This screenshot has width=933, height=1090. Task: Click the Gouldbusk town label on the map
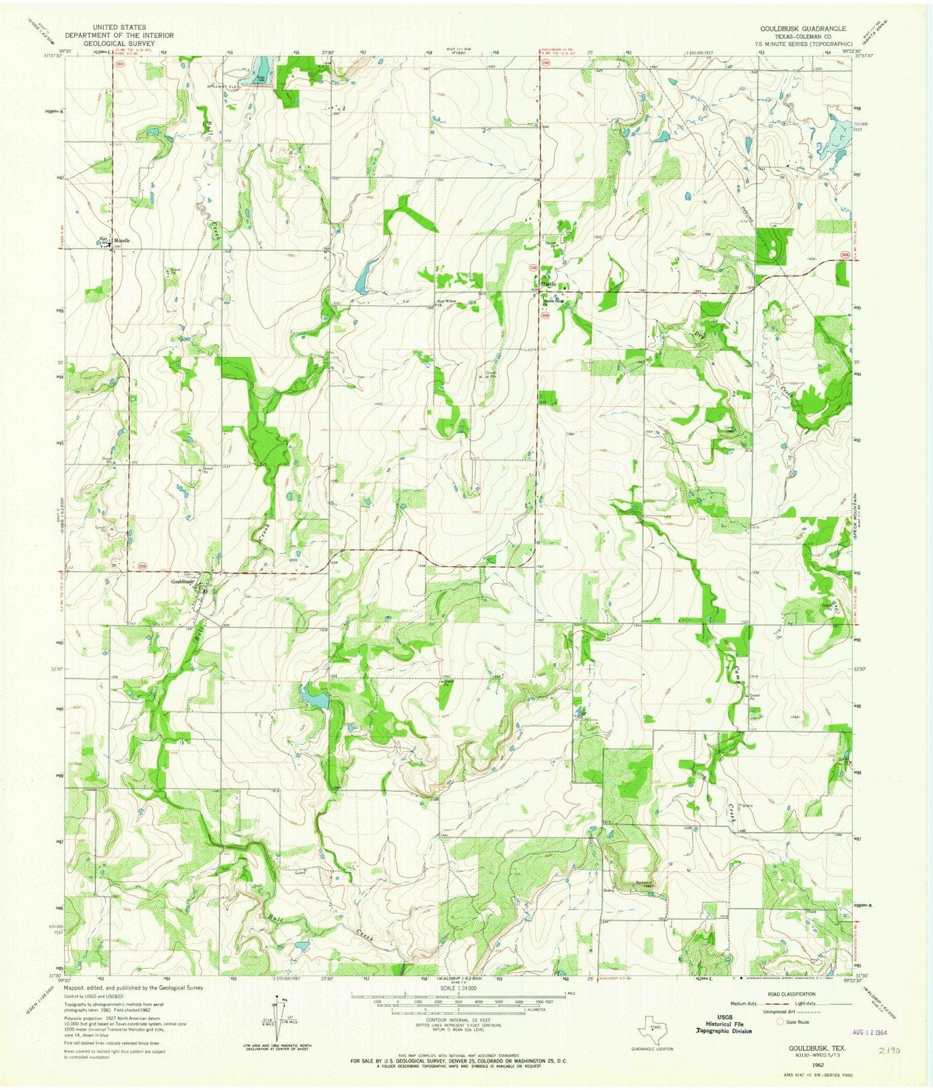[183, 581]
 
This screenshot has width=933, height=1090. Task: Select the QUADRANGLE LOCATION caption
[652, 1048]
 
